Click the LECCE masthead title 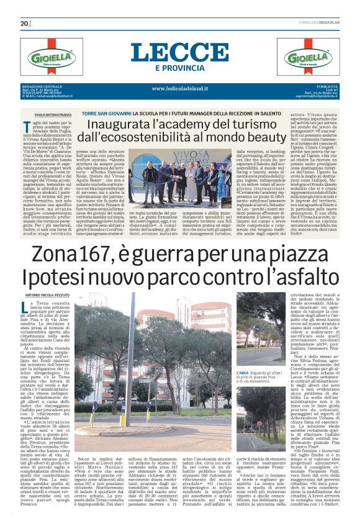tap(180, 52)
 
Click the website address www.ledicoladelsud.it tap(180, 88)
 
